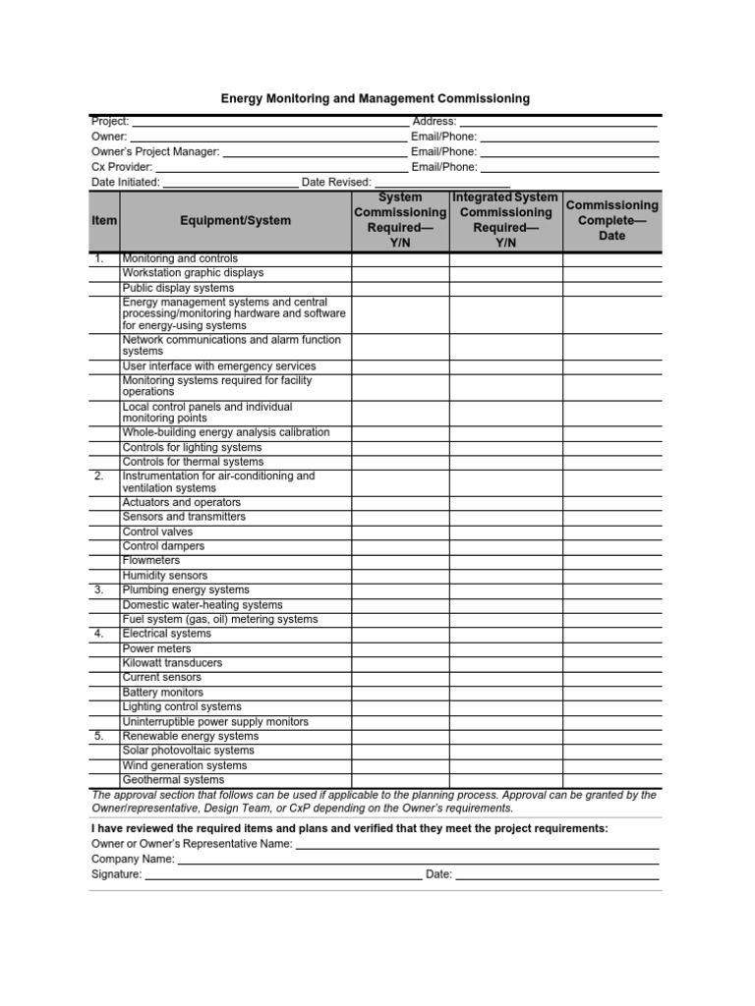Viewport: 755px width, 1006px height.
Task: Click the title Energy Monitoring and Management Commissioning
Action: point(375,98)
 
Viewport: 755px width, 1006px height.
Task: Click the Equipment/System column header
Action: point(235,221)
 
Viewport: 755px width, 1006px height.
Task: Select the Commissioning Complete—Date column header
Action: point(611,221)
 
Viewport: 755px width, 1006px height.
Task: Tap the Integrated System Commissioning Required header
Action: point(505,221)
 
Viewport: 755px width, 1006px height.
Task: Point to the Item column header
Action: point(104,221)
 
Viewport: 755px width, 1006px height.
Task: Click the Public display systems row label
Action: point(178,288)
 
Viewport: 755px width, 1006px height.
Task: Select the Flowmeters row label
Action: point(151,561)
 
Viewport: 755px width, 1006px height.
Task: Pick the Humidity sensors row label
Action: point(164,576)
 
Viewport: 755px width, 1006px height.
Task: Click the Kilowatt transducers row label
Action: point(172,663)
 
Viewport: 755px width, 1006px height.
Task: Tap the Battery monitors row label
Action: point(162,693)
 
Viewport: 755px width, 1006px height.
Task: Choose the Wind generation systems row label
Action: point(184,765)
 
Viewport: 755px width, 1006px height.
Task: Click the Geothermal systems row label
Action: point(173,780)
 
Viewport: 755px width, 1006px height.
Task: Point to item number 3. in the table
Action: point(99,590)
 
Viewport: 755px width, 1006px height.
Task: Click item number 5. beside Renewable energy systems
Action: point(99,736)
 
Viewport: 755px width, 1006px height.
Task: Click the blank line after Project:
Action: point(269,123)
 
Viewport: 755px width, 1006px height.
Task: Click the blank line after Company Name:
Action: point(418,860)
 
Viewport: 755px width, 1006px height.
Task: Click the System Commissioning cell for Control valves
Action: point(400,531)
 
